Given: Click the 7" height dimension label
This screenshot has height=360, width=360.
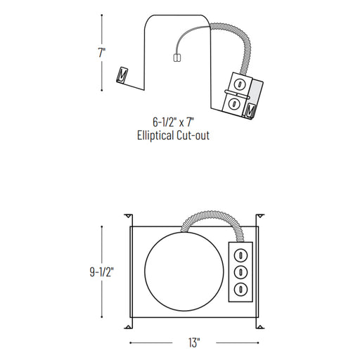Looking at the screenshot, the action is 102,53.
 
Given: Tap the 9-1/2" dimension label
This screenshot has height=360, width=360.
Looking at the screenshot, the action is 102,272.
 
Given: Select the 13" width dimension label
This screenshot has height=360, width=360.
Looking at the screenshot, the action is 194,342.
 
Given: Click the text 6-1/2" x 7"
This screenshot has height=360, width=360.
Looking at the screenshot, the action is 174,122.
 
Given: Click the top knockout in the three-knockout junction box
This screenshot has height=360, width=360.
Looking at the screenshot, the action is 240,255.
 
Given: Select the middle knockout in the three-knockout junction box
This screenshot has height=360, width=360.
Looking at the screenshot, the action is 240,272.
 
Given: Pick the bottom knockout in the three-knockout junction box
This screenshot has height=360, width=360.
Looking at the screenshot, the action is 240,289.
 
